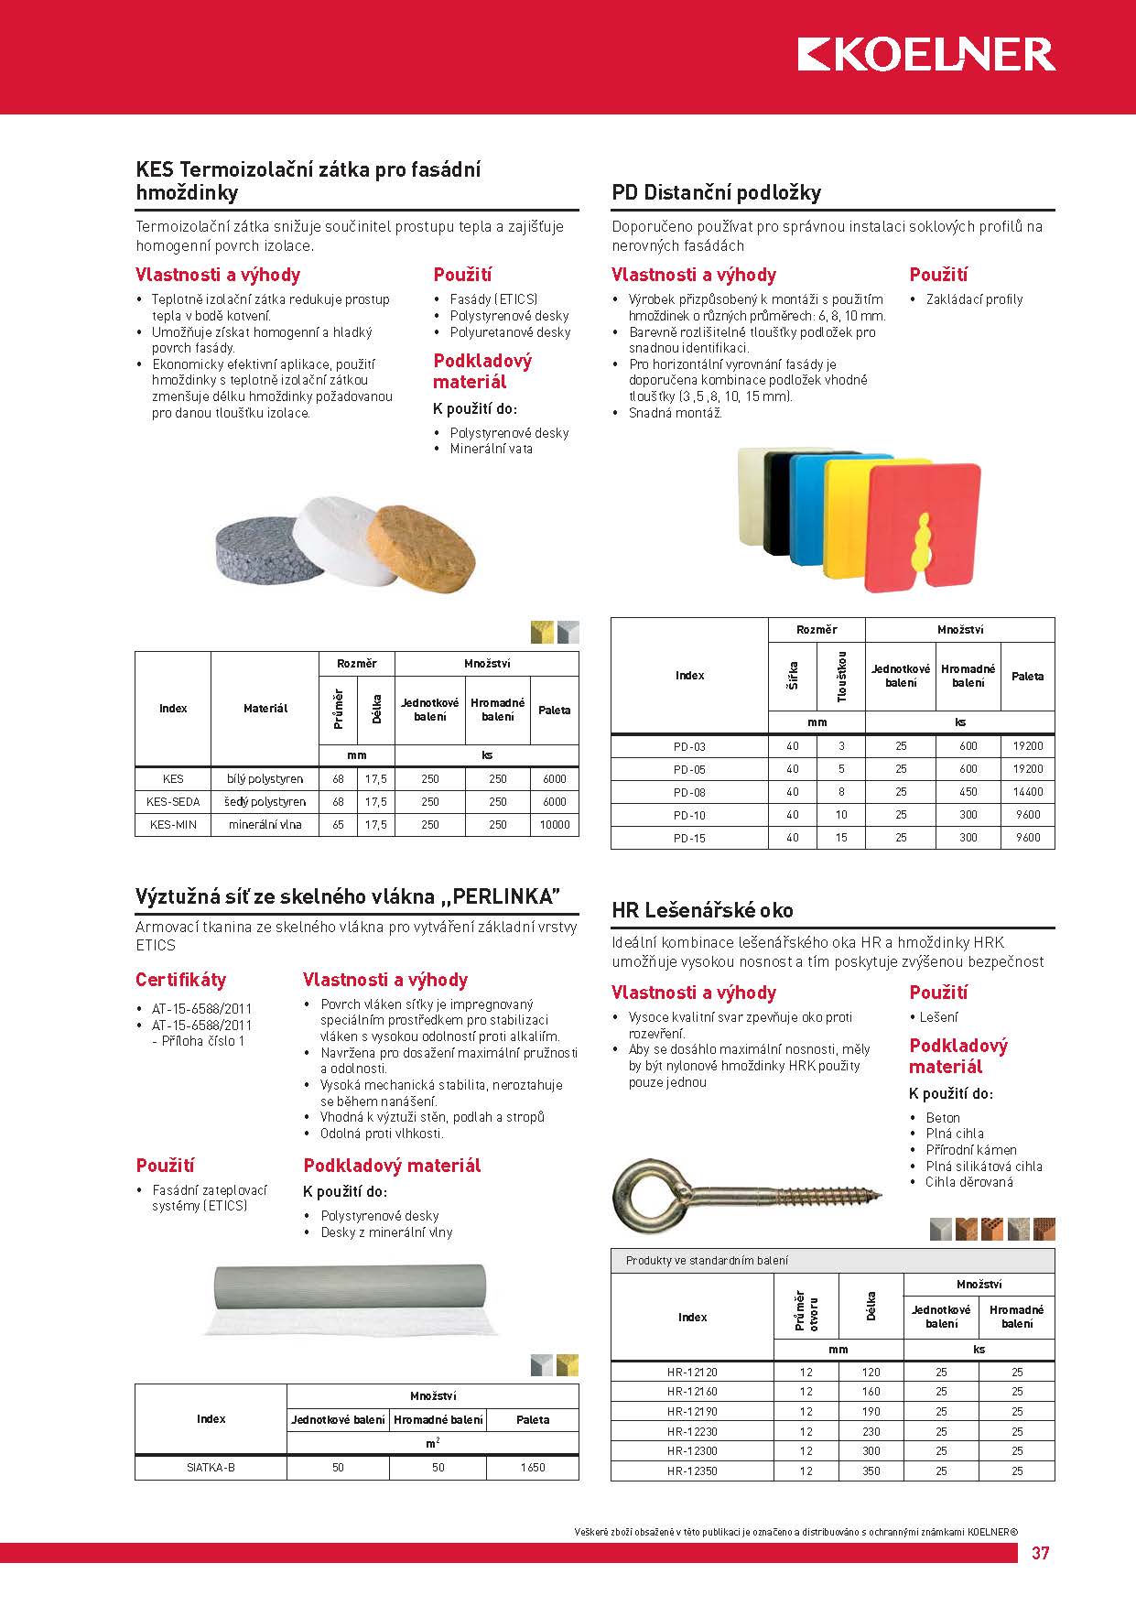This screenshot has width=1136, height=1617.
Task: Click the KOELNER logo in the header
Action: point(925,55)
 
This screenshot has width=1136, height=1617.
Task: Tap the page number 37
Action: point(1041,1553)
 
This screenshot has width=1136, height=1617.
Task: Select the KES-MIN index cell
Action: point(173,825)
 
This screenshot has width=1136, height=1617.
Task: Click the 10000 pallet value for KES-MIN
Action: point(555,825)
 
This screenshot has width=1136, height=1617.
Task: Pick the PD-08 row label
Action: point(689,792)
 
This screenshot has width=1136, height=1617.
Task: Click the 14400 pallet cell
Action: point(1027,792)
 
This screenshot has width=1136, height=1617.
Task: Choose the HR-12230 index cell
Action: point(692,1431)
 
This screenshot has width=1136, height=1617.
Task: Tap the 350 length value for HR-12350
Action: point(871,1471)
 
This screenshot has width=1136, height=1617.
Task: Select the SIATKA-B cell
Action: point(211,1468)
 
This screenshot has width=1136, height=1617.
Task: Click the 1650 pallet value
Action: point(532,1468)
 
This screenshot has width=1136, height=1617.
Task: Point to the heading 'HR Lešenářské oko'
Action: point(702,910)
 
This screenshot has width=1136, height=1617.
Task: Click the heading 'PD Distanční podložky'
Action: point(716,192)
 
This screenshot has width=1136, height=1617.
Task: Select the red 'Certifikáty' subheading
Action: point(180,980)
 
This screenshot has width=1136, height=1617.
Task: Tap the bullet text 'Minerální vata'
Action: point(491,449)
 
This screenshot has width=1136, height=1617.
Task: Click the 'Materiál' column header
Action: point(265,709)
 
